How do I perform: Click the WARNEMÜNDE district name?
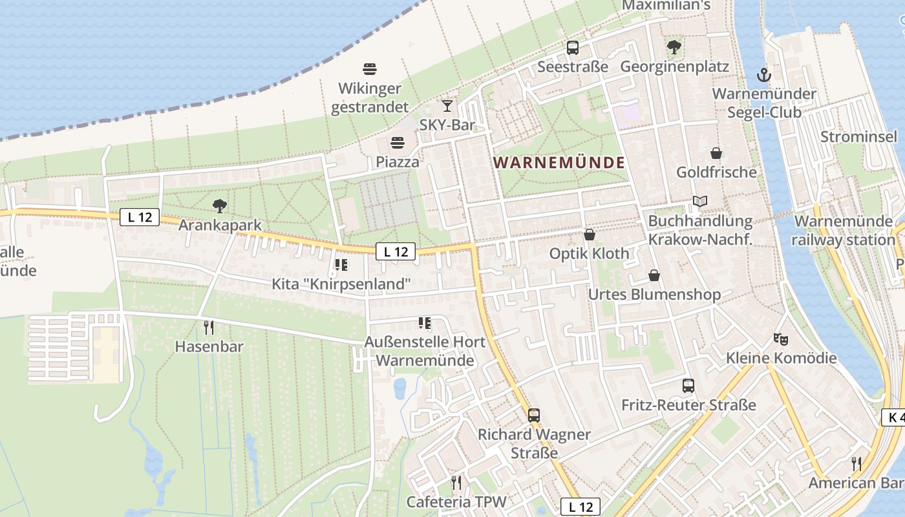coord(559,162)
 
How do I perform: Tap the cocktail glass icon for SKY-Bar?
coord(447,105)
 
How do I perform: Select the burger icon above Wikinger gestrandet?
coord(370,69)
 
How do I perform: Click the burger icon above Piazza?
coord(397,143)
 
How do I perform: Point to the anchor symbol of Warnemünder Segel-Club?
coord(764,74)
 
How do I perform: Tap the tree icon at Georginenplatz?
coord(674,47)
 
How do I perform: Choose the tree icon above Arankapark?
coord(220,206)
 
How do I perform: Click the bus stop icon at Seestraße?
coord(573,47)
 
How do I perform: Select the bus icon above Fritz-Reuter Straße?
coord(688,386)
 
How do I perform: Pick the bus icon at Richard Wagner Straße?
coord(534,415)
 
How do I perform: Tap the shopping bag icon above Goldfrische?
coord(716,153)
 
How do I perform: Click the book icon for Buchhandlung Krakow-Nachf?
coord(700,202)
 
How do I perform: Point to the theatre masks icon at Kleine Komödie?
coord(781,339)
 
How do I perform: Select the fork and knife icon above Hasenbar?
coord(208,328)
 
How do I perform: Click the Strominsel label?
coord(858,136)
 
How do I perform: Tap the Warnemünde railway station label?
coord(844,231)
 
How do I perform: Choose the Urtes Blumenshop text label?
coord(654,295)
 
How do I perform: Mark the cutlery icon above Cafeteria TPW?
coord(456,482)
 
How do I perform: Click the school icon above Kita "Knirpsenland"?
coord(341,264)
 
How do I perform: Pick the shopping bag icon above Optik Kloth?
coord(589,235)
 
